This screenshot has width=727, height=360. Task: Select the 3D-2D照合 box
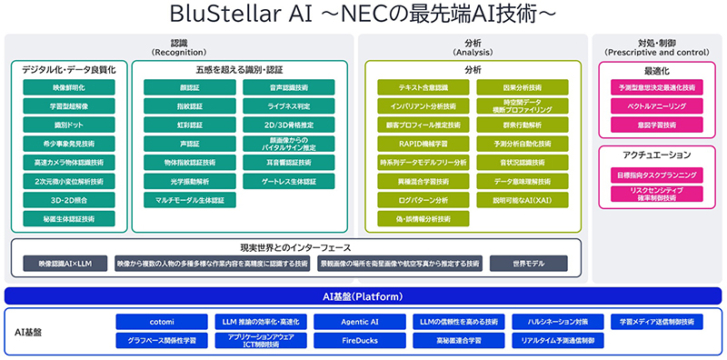click(69, 198)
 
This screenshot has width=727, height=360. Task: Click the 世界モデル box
click(529, 264)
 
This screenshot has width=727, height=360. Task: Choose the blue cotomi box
click(160, 322)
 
